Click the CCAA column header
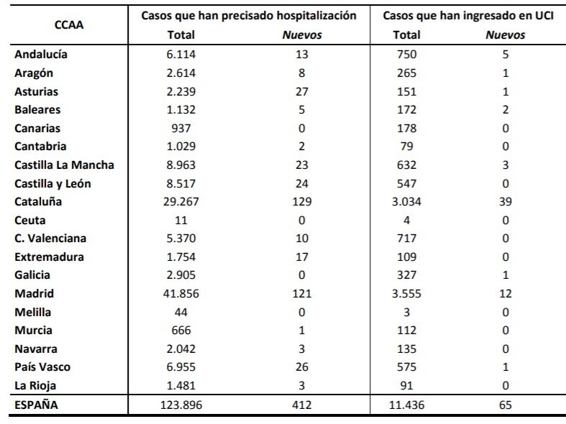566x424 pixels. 69,25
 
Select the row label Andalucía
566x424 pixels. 41,54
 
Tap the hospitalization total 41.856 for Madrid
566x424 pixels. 181,293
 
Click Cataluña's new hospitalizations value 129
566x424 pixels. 302,201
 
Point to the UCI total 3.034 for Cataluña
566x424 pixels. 406,201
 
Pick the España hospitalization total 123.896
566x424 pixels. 181,405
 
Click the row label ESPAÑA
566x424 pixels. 36,405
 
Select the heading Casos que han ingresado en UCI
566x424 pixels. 467,16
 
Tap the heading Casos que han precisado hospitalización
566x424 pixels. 249,16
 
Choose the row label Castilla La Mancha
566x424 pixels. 64,165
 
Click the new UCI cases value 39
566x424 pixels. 506,201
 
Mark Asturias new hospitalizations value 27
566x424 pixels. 302,91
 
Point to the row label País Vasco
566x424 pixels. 42,367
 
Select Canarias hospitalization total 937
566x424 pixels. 181,129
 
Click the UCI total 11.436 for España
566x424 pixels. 406,405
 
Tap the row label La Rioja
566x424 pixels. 35,385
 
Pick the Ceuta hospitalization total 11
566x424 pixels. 181,221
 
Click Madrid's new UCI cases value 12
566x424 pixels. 506,293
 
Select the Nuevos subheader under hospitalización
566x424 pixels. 302,35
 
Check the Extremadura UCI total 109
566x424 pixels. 406,257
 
